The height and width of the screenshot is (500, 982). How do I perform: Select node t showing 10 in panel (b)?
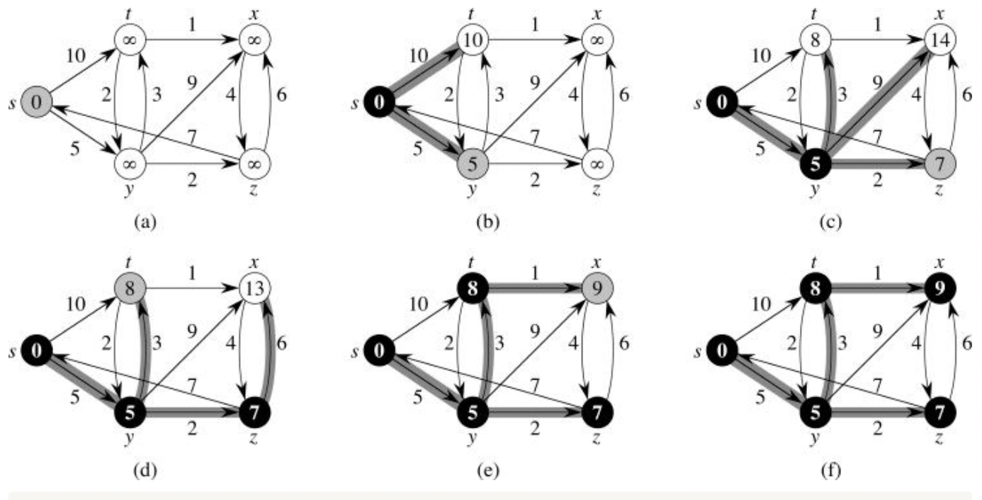473,41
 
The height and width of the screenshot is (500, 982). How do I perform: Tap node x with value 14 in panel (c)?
939,41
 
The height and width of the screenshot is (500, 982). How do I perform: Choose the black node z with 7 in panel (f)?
939,411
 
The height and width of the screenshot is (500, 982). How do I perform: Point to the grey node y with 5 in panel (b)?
473,164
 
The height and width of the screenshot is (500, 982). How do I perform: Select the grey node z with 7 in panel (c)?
939,164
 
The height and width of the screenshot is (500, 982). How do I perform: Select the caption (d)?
144,469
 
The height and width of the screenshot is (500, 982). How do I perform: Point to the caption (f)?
834,469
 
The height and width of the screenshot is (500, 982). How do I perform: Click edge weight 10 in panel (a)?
76,55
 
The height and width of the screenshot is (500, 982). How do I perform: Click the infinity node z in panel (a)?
252,164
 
